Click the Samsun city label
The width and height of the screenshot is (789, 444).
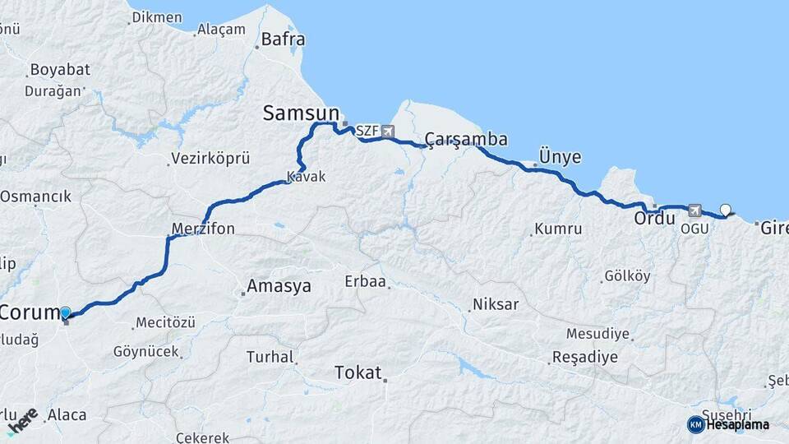[301, 113]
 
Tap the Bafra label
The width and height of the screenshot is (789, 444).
[283, 39]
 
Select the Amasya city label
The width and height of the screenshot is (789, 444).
[280, 286]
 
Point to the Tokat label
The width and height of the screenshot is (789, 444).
[358, 373]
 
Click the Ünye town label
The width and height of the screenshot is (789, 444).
[560, 156]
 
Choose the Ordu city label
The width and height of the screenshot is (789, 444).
[654, 220]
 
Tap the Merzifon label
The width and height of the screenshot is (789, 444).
[203, 228]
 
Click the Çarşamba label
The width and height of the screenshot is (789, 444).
[466, 139]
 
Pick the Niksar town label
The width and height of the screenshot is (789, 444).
[496, 304]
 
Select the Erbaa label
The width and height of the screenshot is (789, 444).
[366, 281]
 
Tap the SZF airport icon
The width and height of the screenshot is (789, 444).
[387, 131]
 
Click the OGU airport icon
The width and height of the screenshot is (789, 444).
[695, 210]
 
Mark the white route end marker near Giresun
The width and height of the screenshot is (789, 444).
[726, 209]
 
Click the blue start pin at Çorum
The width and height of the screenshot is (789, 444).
[66, 312]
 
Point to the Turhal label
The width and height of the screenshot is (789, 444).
[270, 357]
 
